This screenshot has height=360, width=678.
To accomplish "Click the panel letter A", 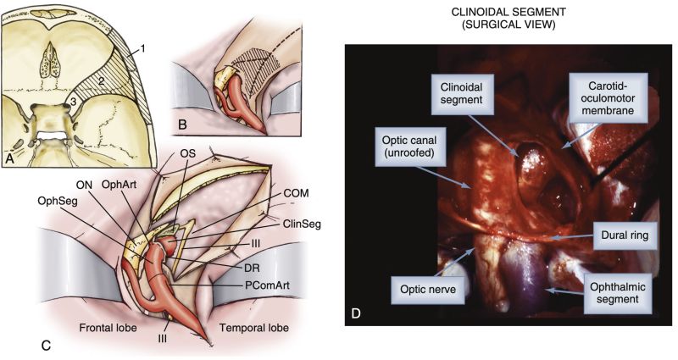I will tap(11, 158).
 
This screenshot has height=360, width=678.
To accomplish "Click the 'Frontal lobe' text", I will tap(107, 326).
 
